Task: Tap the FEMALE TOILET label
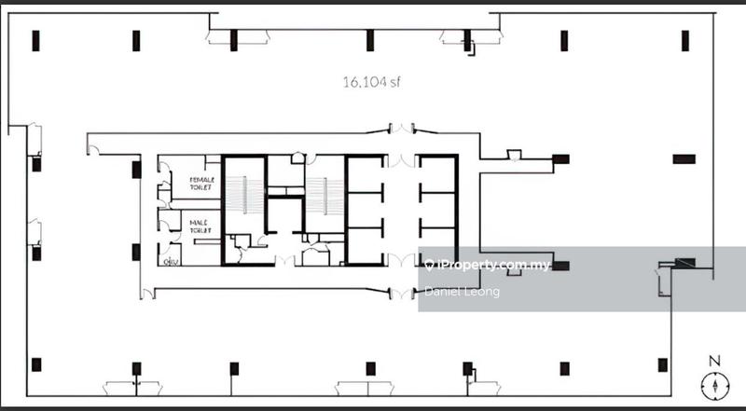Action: coord(201,184)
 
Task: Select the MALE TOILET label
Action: coord(201,227)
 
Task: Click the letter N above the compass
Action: coord(714,361)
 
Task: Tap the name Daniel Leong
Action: coord(462,292)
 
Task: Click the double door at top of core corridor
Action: coord(402,129)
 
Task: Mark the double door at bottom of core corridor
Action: coord(402,294)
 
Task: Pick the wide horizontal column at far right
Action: coord(684,158)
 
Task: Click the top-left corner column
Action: coord(35,40)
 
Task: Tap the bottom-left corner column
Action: coord(35,364)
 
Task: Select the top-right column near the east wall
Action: coord(685,40)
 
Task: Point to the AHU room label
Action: coord(170,261)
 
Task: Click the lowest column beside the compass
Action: coord(662,364)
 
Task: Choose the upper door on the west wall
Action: coord(35,140)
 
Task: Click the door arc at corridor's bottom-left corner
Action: coord(146,295)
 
